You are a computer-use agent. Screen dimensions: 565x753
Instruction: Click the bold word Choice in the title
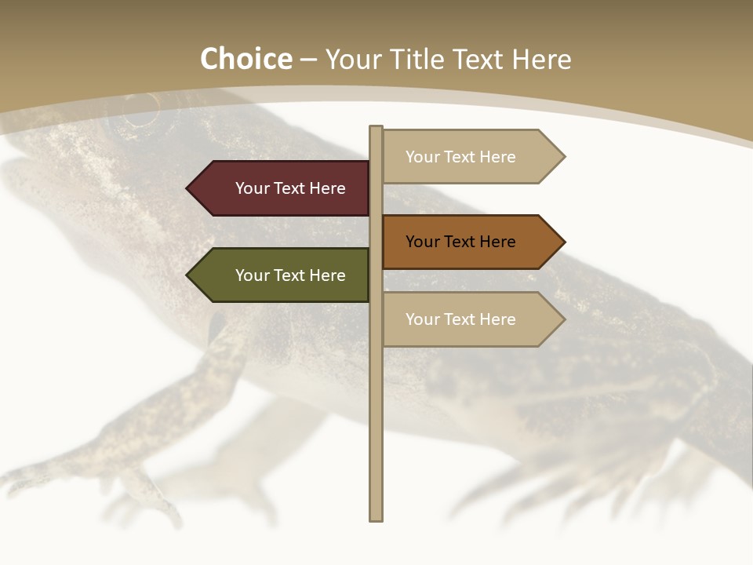246,60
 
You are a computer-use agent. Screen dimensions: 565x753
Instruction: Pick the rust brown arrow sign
467,242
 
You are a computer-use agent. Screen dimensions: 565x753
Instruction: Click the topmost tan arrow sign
467,157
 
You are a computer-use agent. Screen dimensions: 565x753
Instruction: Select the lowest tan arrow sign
467,319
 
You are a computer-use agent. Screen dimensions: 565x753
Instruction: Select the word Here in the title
541,60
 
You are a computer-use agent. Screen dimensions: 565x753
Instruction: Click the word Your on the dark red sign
253,188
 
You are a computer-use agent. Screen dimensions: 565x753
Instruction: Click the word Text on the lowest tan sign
460,319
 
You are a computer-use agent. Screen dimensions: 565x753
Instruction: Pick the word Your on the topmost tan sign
423,157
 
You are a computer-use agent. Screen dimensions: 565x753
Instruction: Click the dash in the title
308,60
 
